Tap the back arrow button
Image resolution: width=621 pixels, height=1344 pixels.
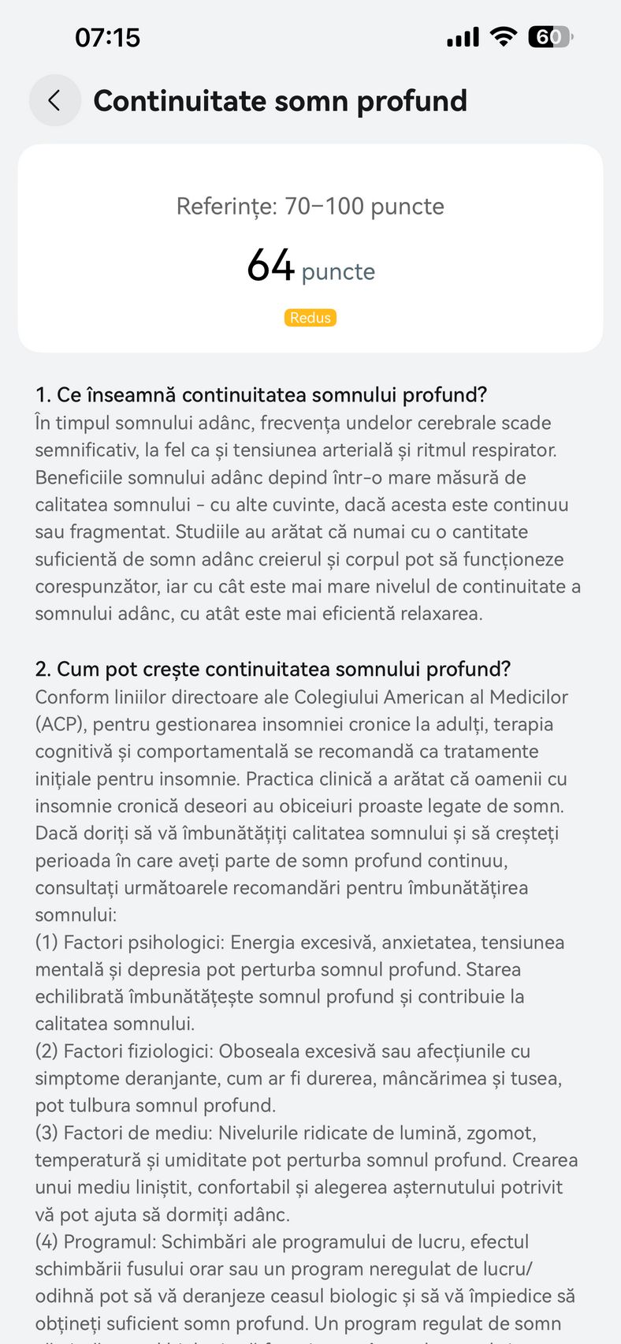click(x=54, y=100)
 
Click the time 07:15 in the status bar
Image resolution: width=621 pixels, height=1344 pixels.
click(x=107, y=37)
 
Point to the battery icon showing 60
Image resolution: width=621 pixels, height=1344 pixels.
click(x=549, y=36)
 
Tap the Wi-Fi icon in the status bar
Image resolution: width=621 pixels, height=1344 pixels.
click(x=503, y=36)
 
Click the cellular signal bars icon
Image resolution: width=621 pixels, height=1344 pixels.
click(x=463, y=37)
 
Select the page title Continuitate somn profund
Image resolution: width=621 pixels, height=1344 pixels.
click(x=280, y=101)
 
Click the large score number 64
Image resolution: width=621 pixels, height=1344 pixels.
click(x=270, y=266)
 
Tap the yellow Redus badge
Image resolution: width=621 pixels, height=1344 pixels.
click(x=310, y=318)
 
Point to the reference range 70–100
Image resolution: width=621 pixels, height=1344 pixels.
click(x=324, y=207)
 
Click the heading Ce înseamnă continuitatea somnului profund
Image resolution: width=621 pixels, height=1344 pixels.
click(x=261, y=395)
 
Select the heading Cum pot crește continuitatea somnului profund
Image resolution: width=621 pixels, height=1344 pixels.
click(x=273, y=670)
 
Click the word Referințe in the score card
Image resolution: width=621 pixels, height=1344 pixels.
click(x=226, y=207)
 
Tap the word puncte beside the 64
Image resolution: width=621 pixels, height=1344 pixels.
click(x=338, y=272)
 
